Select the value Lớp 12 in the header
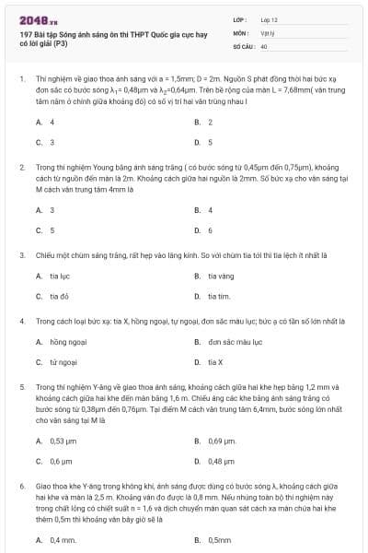[x=270, y=19]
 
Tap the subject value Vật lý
[x=268, y=32]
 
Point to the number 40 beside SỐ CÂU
[x=264, y=45]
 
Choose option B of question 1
[x=210, y=122]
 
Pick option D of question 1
[x=210, y=142]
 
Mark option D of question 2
[x=210, y=229]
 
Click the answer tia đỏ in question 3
[x=60, y=296]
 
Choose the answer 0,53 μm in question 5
[x=62, y=441]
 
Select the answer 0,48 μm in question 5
[x=222, y=461]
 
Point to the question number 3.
[x=22, y=253]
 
